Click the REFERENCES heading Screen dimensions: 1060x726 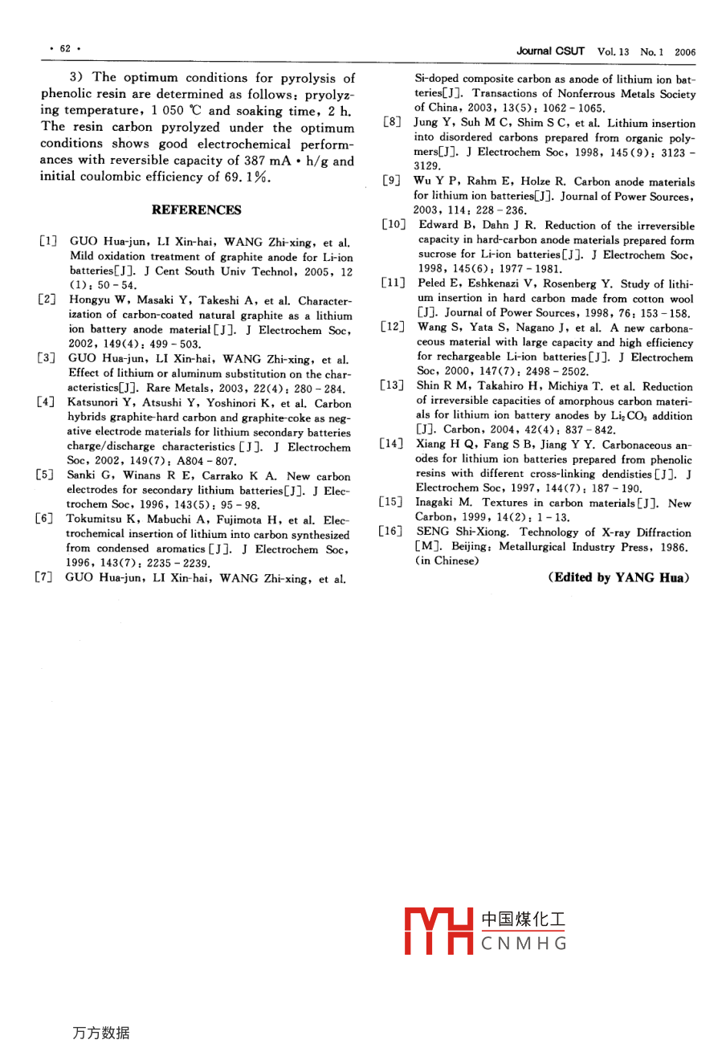[196, 210]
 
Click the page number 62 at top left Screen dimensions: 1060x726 [65, 49]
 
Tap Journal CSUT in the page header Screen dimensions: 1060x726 [550, 51]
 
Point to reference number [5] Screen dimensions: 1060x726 [47, 476]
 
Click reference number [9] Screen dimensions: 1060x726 [391, 183]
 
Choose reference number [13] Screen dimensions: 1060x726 [394, 387]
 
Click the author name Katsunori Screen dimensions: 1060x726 [94, 404]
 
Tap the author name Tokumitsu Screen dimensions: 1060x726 [97, 520]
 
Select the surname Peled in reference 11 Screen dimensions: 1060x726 [434, 284]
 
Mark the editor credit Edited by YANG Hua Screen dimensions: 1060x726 [619, 577]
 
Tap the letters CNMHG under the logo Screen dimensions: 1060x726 [524, 944]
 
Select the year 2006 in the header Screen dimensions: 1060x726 [685, 52]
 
